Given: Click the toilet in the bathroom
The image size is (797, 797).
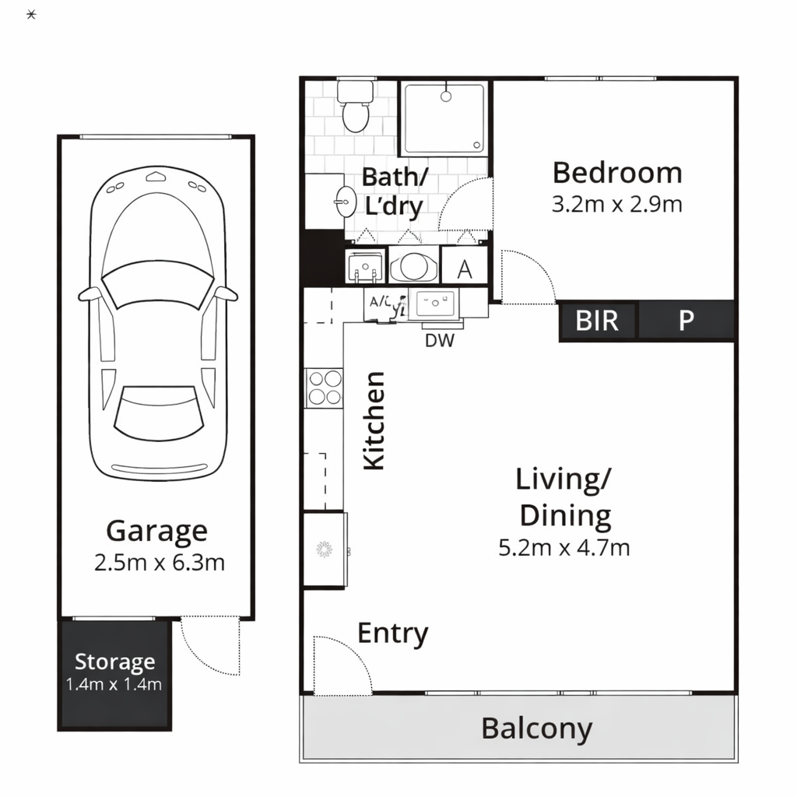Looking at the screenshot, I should pyautogui.click(x=355, y=108).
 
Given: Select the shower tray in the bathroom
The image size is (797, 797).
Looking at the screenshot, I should pyautogui.click(x=444, y=118).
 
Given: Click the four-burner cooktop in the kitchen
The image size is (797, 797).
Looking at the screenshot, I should pyautogui.click(x=325, y=388).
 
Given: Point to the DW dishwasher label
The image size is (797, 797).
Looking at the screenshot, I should pyautogui.click(x=440, y=339).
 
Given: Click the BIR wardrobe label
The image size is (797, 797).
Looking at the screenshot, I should pyautogui.click(x=597, y=321).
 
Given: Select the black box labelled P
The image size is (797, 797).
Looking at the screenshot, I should pyautogui.click(x=686, y=321).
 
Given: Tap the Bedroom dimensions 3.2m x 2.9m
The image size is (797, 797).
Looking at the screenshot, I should pyautogui.click(x=616, y=205).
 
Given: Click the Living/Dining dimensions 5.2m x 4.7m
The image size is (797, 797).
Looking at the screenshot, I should pyautogui.click(x=564, y=548).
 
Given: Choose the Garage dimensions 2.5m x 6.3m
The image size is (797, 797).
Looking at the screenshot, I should pyautogui.click(x=159, y=563).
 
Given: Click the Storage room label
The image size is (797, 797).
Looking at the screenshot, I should pyautogui.click(x=114, y=662).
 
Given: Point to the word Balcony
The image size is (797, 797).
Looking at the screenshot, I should pyautogui.click(x=536, y=729).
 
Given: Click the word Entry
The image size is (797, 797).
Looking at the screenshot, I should pyautogui.click(x=392, y=634).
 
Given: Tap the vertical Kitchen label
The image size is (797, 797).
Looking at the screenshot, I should pyautogui.click(x=374, y=420).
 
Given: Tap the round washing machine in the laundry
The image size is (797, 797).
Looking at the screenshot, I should pyautogui.click(x=414, y=266).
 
